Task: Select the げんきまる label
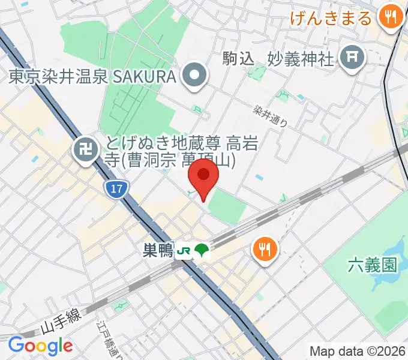[331, 17]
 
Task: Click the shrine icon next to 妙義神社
[351, 58]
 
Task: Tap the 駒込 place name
[239, 58]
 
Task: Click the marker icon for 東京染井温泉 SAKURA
[195, 77]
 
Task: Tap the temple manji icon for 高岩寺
[84, 149]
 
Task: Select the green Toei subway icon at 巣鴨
[202, 251]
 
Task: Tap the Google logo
[40, 346]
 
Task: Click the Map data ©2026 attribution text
[357, 351]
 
